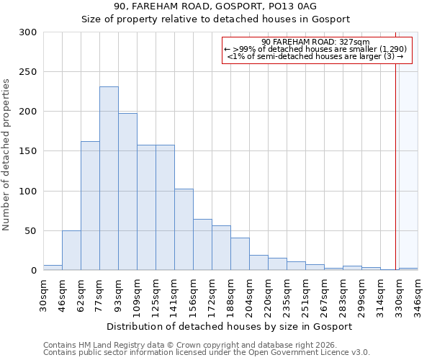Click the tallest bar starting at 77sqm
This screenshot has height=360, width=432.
point(109,179)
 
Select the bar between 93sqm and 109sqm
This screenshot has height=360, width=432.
point(127,192)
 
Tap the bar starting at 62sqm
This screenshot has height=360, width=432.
point(90,206)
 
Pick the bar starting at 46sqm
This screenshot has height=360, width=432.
point(71,251)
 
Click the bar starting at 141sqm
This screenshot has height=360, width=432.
point(184,230)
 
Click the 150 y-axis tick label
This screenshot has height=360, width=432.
point(28,151)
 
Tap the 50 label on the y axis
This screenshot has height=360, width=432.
point(31,231)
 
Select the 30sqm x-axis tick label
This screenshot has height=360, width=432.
point(44,294)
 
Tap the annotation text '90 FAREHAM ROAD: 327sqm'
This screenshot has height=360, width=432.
point(315,42)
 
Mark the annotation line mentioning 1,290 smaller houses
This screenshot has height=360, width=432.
point(315,49)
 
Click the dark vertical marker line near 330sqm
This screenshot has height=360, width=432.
point(396,158)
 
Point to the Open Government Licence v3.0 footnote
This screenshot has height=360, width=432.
point(207,353)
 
